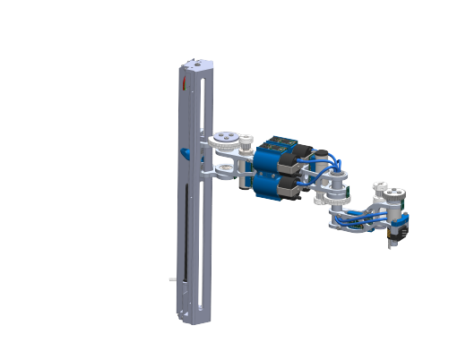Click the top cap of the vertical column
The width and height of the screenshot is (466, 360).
[196, 64]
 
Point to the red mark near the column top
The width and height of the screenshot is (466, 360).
[185, 83]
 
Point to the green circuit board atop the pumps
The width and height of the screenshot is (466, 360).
[285, 142]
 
